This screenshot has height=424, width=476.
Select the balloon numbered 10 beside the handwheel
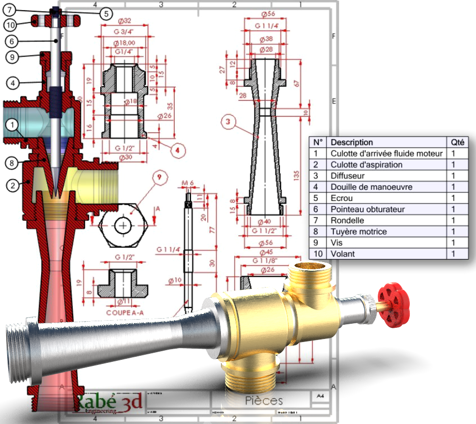tap(11, 24)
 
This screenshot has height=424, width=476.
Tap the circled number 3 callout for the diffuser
tap(229, 122)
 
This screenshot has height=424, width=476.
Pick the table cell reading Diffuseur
tap(348, 176)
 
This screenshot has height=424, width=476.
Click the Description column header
tap(352, 143)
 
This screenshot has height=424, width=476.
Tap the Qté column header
tap(456, 143)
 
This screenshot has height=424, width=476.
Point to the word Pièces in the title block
tap(263, 401)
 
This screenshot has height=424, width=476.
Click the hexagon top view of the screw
tap(123, 225)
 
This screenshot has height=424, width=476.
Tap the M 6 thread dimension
tap(189, 183)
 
